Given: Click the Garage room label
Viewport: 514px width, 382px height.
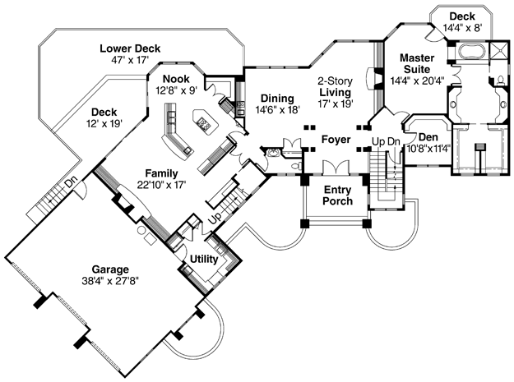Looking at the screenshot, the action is [110, 269].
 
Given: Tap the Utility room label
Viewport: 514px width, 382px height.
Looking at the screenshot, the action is [204, 260].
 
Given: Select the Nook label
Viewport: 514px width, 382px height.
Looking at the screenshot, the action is [176, 79].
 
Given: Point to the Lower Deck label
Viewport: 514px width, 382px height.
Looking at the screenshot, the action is [130, 48].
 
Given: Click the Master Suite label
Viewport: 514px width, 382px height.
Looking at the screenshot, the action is [417, 63].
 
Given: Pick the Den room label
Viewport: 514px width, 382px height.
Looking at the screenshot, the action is [428, 137].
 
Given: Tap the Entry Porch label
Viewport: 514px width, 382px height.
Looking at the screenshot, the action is [338, 196].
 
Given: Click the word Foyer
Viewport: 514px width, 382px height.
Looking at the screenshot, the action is [336, 140].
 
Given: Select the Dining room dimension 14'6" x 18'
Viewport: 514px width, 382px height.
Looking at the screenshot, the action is [278, 109].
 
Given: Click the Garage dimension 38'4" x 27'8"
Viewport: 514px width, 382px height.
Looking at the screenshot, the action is [110, 281].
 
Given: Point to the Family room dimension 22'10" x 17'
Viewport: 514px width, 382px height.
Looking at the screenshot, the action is [162, 185].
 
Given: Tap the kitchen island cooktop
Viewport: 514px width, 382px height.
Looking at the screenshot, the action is [204, 124].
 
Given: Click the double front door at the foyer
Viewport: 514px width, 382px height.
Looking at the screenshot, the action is [336, 168].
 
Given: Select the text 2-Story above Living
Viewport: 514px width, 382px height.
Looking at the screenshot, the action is [335, 81].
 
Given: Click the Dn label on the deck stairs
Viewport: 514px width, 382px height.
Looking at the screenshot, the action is [71, 182].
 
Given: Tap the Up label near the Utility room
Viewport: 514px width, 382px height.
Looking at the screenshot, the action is [215, 219].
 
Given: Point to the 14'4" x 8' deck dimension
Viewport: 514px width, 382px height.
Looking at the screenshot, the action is [462, 27].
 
